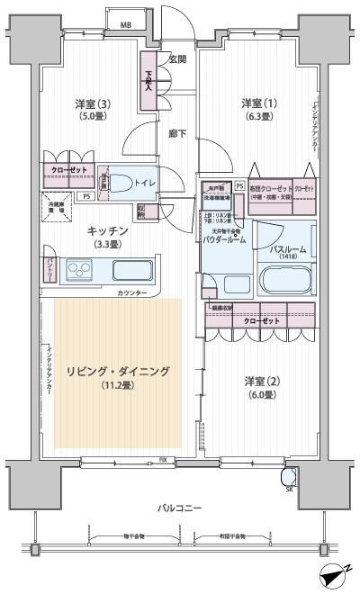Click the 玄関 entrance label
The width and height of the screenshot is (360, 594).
pyautogui.click(x=176, y=59)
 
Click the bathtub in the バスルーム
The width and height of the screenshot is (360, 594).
pyautogui.click(x=285, y=282)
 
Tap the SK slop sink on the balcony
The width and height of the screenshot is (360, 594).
pyautogui.click(x=289, y=478)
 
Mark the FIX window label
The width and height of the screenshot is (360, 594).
pyautogui.click(x=162, y=461)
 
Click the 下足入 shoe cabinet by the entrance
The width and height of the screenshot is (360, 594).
pyautogui.click(x=149, y=84)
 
